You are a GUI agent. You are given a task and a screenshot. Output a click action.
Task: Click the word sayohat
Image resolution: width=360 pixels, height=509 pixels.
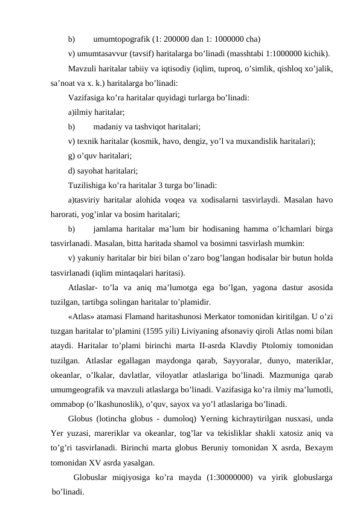[x=92, y=170]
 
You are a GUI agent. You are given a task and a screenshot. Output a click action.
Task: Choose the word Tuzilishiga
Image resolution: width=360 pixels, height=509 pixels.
[x=89, y=185]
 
